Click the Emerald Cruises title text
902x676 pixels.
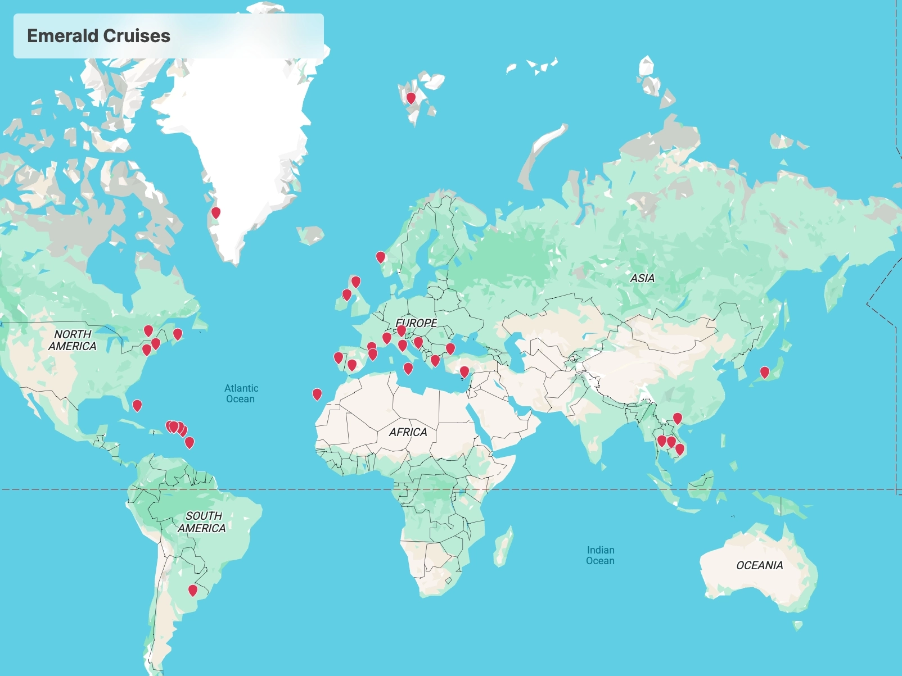click(x=98, y=36)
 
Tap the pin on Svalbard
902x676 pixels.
click(x=411, y=98)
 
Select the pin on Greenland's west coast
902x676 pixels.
click(x=215, y=213)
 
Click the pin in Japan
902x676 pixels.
click(x=765, y=372)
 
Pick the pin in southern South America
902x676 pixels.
click(x=193, y=590)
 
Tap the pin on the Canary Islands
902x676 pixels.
click(x=317, y=394)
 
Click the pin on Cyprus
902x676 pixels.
click(x=464, y=371)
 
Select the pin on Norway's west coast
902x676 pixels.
click(x=381, y=257)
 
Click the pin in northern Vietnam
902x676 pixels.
click(x=678, y=418)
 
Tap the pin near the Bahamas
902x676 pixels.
click(x=137, y=405)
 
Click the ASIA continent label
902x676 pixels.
click(x=642, y=278)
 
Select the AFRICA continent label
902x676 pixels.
click(x=408, y=432)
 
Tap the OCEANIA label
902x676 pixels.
click(x=759, y=565)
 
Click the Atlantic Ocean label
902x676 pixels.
click(x=241, y=393)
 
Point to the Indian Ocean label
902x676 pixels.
click(x=601, y=555)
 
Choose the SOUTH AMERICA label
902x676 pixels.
click(x=202, y=522)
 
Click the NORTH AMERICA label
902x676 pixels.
click(x=73, y=340)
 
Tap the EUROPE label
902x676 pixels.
click(x=417, y=323)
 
